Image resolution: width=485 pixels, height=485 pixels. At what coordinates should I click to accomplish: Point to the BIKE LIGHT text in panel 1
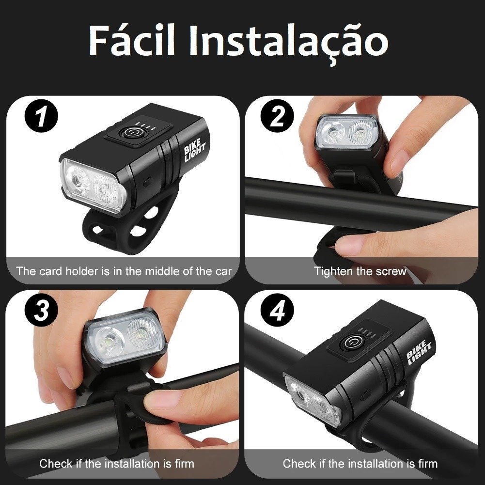(x=195, y=151)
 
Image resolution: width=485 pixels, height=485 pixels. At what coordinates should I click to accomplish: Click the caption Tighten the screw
(x=360, y=271)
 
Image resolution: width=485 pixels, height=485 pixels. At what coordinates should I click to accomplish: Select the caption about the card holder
(x=124, y=271)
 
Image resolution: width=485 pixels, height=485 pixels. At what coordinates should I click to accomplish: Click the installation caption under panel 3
(x=117, y=464)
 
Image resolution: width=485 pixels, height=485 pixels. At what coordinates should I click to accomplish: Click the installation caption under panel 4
(x=360, y=464)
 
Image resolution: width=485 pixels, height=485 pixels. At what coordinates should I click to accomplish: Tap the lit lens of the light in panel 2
(x=346, y=132)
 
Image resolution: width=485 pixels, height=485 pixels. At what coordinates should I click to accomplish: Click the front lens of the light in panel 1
(x=93, y=187)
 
